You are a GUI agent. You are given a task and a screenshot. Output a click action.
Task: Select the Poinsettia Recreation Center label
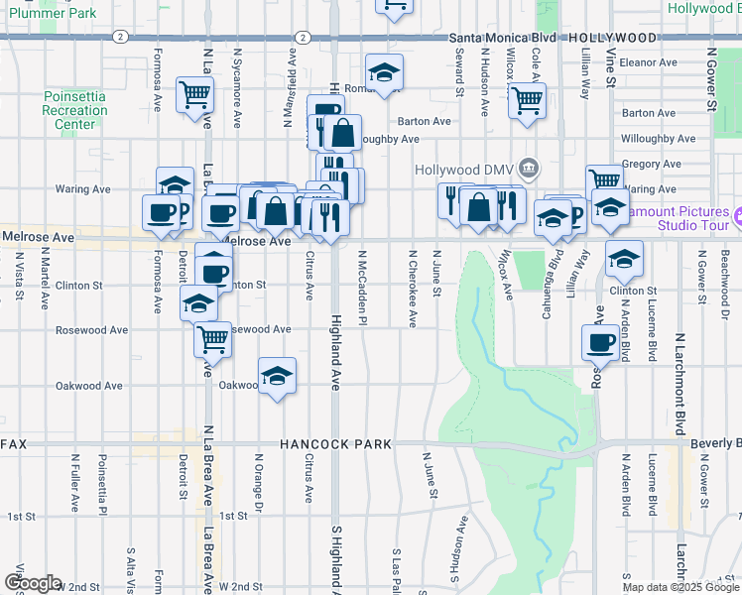click(x=75, y=110)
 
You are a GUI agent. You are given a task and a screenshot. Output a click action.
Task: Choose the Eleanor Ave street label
click(x=648, y=61)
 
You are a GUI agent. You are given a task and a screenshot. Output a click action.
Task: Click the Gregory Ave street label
click(x=651, y=164)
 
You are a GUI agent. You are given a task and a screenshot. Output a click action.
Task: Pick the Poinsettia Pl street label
click(x=102, y=487)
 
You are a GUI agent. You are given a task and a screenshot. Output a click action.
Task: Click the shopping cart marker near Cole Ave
click(x=527, y=99)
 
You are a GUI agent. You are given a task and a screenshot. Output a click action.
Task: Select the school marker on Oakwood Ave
click(x=278, y=376)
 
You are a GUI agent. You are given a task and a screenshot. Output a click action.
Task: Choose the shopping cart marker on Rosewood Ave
click(x=213, y=339)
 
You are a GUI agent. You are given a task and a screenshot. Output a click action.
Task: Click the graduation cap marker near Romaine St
click(x=383, y=71)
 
